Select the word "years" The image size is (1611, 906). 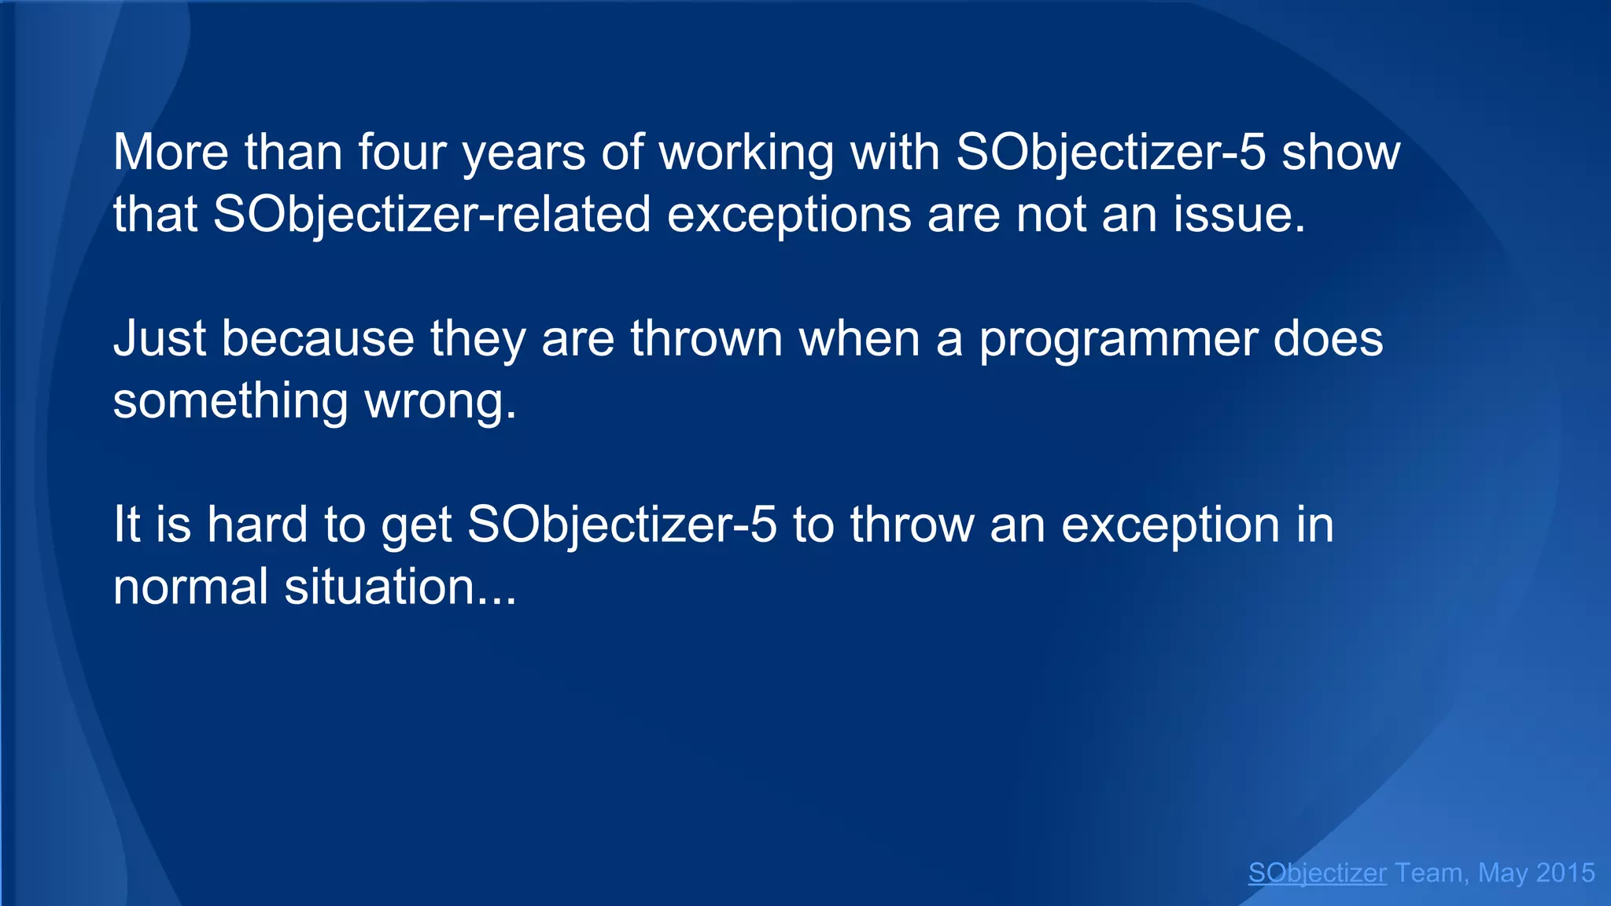click(x=524, y=153)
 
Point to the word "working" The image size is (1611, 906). click(x=746, y=153)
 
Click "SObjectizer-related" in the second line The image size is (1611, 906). click(x=432, y=214)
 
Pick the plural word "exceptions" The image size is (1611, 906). click(x=789, y=215)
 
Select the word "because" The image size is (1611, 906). click(x=318, y=338)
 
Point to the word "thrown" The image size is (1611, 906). click(x=706, y=338)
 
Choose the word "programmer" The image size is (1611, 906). click(x=1118, y=340)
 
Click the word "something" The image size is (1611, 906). click(x=230, y=401)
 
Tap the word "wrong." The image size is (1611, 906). click(x=441, y=401)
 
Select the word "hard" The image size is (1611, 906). click(x=256, y=524)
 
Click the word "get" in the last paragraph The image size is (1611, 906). click(x=416, y=525)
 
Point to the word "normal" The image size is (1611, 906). click(x=191, y=586)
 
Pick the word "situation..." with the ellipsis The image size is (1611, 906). click(x=400, y=586)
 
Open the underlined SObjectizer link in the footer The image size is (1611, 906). click(x=1317, y=873)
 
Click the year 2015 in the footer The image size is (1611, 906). click(x=1565, y=873)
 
